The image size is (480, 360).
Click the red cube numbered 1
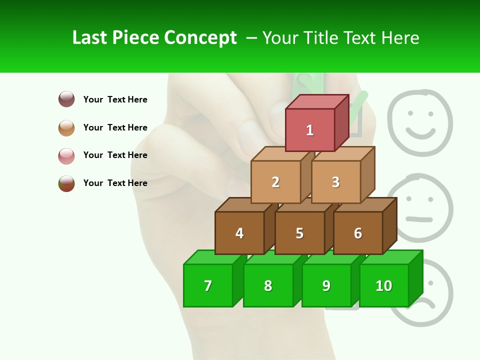[x=310, y=129]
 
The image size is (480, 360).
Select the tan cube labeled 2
[x=275, y=181]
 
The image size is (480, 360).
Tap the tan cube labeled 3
[x=335, y=181]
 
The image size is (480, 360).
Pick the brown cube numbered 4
[x=239, y=233]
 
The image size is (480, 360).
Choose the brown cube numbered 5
[x=299, y=233]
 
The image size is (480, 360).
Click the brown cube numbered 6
[x=358, y=233]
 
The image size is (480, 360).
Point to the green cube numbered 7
[x=208, y=285]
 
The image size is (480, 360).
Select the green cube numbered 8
[x=268, y=285]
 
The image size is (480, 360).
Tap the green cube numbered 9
[x=326, y=285]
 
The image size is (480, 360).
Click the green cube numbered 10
[x=384, y=285]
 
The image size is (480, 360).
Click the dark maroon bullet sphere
[x=66, y=99]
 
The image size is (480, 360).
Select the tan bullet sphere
[x=66, y=127]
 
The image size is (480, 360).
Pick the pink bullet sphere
[x=66, y=155]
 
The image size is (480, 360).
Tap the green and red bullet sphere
[x=66, y=183]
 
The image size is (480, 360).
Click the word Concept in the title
[x=200, y=38]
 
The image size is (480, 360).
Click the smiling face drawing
[x=420, y=116]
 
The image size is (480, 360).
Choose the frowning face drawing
[x=430, y=295]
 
